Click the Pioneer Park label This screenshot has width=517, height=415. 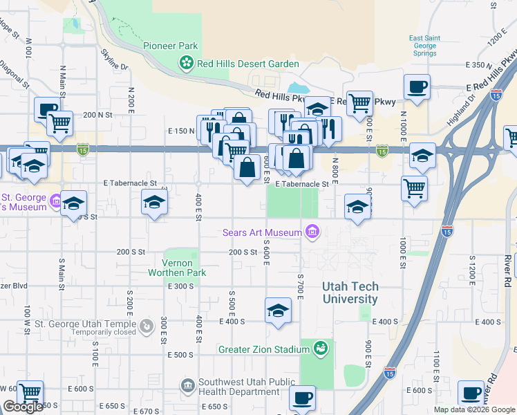[x=170, y=46]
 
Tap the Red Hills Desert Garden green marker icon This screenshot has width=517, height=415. [x=186, y=64]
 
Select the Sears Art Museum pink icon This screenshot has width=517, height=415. [x=312, y=232]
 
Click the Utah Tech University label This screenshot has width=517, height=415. [x=350, y=293]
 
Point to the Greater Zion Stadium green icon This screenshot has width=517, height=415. [x=320, y=349]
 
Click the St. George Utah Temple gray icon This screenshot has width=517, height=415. [x=146, y=325]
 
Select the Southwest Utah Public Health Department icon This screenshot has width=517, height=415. [x=187, y=385]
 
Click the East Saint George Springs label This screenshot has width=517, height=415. [x=423, y=46]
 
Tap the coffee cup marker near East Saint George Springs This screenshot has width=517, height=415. [x=417, y=88]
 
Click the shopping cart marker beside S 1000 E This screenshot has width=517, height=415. [x=414, y=188]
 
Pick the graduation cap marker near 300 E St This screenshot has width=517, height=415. [x=154, y=202]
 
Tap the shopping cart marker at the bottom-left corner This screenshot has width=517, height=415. [x=30, y=393]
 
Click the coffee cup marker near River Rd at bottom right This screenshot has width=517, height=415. [x=472, y=393]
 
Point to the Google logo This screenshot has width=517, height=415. [x=23, y=407]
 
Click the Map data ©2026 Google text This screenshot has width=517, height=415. [x=473, y=409]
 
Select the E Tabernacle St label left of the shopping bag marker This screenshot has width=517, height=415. [x=129, y=184]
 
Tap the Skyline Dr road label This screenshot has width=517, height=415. [x=115, y=60]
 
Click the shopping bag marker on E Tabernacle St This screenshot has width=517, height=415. [x=247, y=167]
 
